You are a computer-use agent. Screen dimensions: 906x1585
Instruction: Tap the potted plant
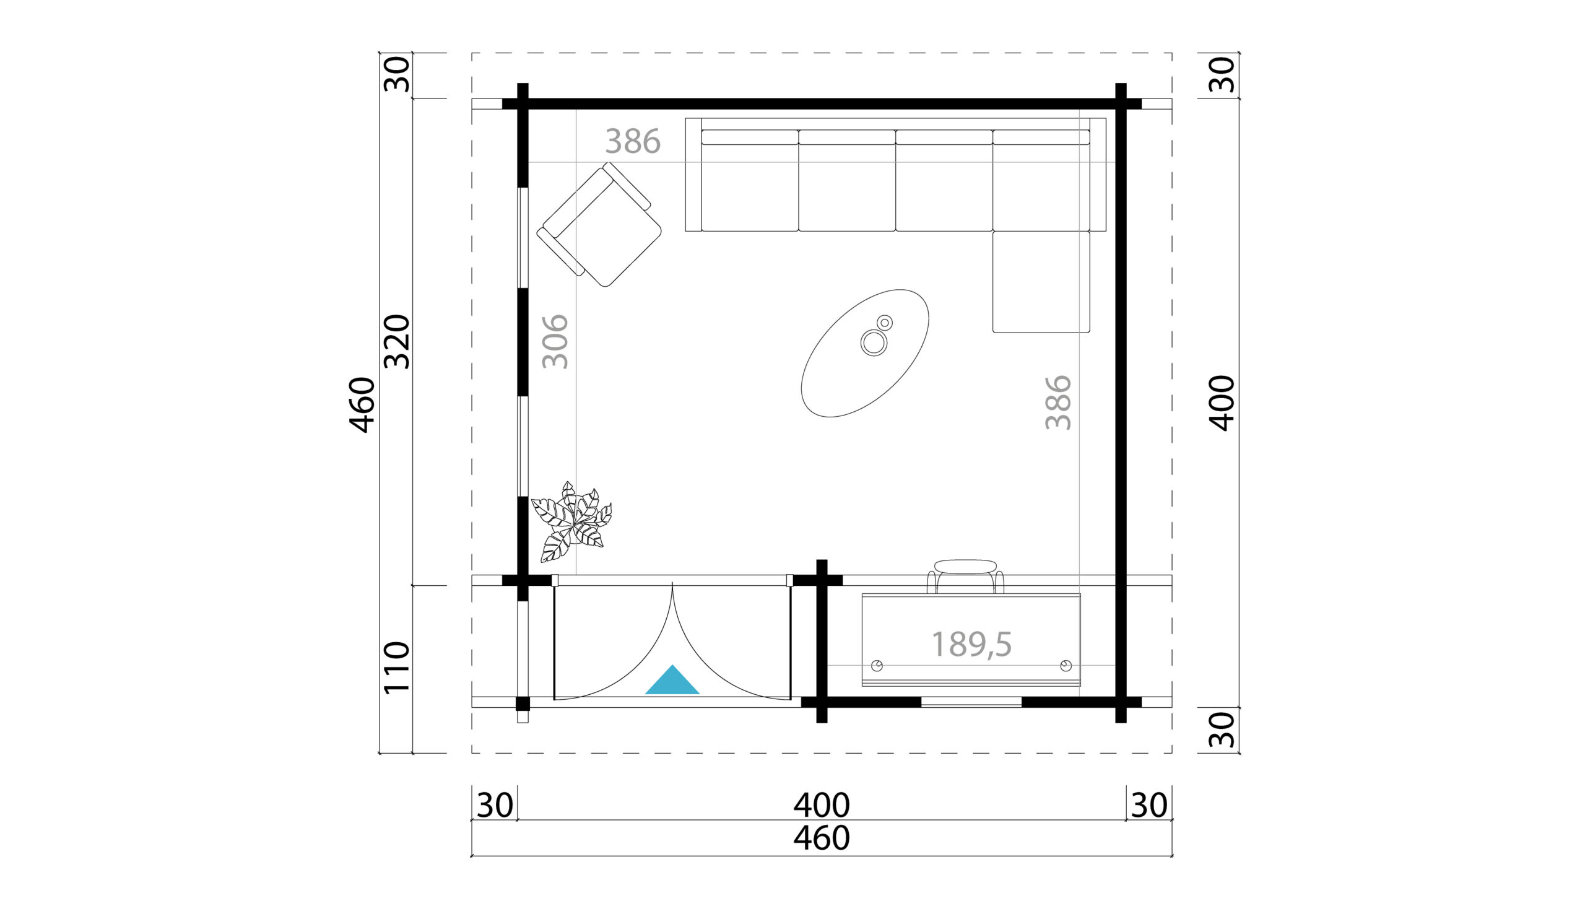(571, 521)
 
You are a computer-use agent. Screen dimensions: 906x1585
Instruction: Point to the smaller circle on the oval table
(885, 322)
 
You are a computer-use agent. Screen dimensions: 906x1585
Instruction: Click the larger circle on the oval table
(874, 342)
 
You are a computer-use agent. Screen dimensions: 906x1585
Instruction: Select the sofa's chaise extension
(1041, 282)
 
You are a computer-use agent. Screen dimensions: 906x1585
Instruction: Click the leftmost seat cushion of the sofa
(750, 186)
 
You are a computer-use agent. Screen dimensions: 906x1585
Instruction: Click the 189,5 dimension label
(971, 644)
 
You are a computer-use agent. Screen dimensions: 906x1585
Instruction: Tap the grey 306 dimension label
(555, 342)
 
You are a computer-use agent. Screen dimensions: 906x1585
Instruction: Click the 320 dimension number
(397, 342)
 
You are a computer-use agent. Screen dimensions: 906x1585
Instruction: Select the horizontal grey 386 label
(633, 141)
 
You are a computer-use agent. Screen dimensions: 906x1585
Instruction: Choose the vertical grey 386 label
(1058, 402)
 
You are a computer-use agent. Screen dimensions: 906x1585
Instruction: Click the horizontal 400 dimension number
(821, 805)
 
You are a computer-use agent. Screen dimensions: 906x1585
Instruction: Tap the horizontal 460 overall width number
(821, 838)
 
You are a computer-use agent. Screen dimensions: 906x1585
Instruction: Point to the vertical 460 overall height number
(362, 404)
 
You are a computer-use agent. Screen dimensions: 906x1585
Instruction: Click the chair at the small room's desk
(965, 575)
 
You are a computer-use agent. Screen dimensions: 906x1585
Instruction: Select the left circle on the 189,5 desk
(877, 666)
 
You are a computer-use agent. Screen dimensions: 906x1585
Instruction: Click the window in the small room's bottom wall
(971, 702)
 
